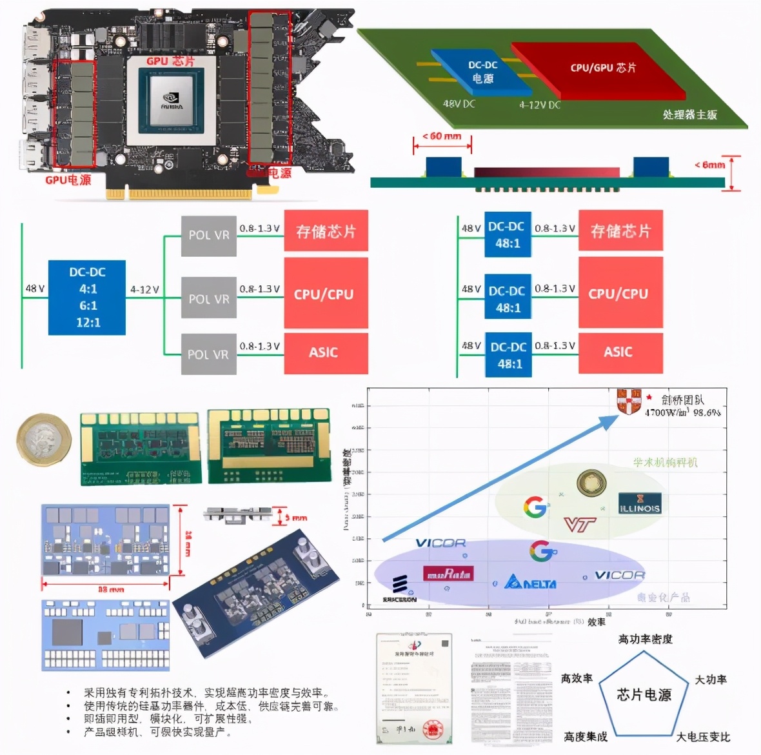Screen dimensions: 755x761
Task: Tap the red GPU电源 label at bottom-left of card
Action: [68, 180]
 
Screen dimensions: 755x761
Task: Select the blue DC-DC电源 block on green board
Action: [482, 72]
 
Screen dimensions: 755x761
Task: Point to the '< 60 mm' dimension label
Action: [442, 137]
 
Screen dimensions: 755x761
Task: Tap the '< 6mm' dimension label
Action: [709, 165]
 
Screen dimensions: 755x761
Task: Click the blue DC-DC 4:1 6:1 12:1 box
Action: [87, 297]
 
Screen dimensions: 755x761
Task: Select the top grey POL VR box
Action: [208, 236]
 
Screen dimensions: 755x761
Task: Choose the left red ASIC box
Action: [326, 352]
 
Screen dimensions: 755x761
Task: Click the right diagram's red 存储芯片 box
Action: [620, 231]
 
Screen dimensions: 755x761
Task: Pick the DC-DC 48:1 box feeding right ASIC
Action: [509, 355]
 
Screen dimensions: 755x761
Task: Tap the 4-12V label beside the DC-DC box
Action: [144, 290]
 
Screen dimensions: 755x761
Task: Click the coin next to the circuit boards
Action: [44, 439]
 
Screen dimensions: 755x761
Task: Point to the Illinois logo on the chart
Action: [639, 503]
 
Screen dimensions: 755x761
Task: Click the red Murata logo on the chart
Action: [448, 573]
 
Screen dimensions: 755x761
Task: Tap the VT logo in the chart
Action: [579, 525]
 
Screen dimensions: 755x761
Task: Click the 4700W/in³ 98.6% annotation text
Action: [682, 412]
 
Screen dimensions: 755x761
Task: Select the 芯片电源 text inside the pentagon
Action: [644, 695]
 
